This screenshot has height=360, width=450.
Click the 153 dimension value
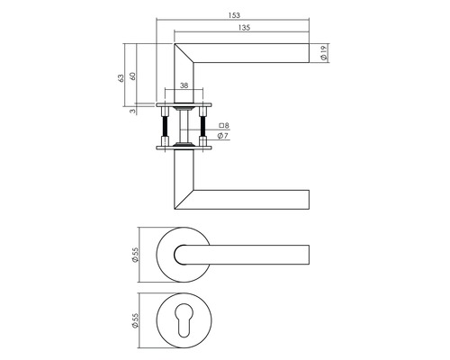[234, 15]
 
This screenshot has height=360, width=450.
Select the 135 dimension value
[244, 28]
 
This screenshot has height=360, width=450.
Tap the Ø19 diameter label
[324, 53]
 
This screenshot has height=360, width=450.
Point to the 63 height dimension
[121, 78]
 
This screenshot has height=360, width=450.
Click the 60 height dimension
[132, 76]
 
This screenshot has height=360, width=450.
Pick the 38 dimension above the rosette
[184, 85]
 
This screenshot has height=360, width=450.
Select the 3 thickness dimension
[132, 111]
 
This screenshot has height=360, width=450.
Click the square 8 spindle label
[224, 125]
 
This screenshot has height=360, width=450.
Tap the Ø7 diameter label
[222, 136]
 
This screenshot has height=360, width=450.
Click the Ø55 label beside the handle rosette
[135, 255]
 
